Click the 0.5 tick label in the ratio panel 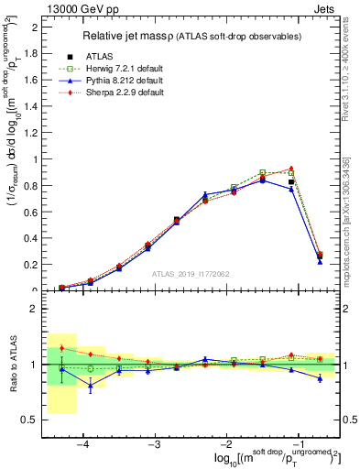coord(34,420)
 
